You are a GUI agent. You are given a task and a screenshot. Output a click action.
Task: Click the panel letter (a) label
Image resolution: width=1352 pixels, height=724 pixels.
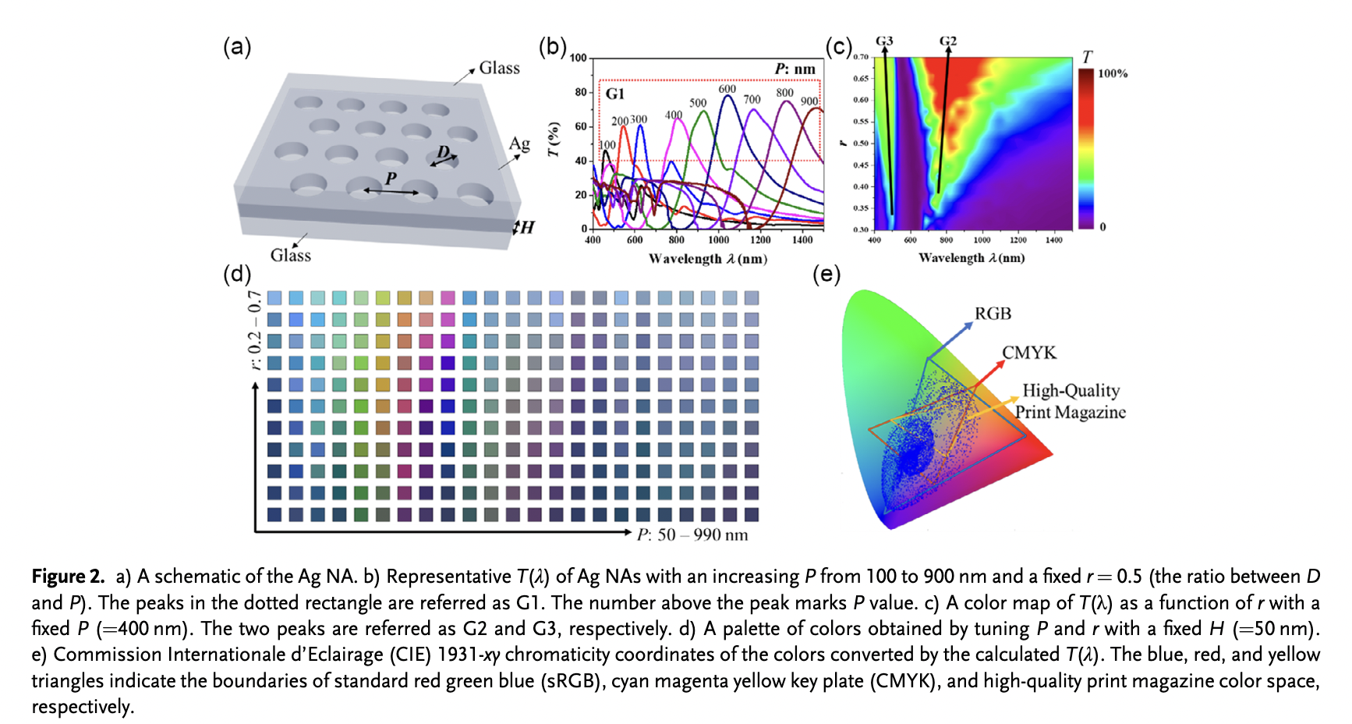[x=237, y=48]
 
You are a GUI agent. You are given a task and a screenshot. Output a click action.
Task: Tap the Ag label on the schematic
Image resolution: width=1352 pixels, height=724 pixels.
[x=519, y=144]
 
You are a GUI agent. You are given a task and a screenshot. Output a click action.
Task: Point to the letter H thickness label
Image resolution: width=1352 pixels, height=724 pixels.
[x=528, y=228]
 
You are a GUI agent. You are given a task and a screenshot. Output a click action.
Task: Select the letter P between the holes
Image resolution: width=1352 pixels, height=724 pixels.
[x=391, y=179]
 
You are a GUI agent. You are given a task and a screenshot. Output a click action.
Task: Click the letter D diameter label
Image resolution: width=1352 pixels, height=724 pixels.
[x=443, y=151]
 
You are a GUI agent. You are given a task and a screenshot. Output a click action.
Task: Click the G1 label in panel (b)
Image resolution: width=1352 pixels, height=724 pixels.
[x=615, y=94]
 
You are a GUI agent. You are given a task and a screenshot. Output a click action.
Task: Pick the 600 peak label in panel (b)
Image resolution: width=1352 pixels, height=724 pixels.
[x=727, y=89]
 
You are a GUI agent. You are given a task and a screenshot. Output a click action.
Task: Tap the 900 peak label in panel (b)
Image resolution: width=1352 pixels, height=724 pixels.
[x=809, y=101]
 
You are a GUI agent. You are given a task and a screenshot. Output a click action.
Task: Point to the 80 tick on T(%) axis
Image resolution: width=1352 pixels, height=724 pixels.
[x=581, y=92]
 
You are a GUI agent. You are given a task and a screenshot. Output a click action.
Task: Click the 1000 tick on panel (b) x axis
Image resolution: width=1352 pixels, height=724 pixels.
[x=718, y=240]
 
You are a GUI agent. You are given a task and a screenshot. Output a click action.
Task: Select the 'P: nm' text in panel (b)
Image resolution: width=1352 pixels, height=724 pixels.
[x=795, y=69]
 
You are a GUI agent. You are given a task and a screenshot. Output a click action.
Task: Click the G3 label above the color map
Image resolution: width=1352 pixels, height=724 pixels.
[x=884, y=41]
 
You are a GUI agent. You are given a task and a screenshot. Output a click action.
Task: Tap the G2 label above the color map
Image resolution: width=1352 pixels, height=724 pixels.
[x=947, y=41]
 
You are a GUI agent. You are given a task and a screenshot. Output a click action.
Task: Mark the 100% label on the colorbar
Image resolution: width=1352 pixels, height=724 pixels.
[x=1113, y=73]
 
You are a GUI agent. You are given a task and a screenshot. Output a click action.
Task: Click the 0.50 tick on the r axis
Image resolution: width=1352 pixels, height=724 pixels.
[x=860, y=144]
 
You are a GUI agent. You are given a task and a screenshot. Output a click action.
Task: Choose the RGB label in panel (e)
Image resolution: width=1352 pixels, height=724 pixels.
[x=993, y=314]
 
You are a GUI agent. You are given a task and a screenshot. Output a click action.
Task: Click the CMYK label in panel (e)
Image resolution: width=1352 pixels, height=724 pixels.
[x=1029, y=353]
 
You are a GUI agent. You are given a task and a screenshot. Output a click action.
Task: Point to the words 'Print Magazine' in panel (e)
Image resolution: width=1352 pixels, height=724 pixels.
[x=1070, y=412]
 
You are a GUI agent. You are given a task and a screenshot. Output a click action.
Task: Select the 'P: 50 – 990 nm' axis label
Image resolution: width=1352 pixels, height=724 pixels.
[x=692, y=535]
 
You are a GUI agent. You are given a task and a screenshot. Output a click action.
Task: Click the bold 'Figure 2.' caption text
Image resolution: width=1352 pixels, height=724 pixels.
[x=68, y=577]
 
